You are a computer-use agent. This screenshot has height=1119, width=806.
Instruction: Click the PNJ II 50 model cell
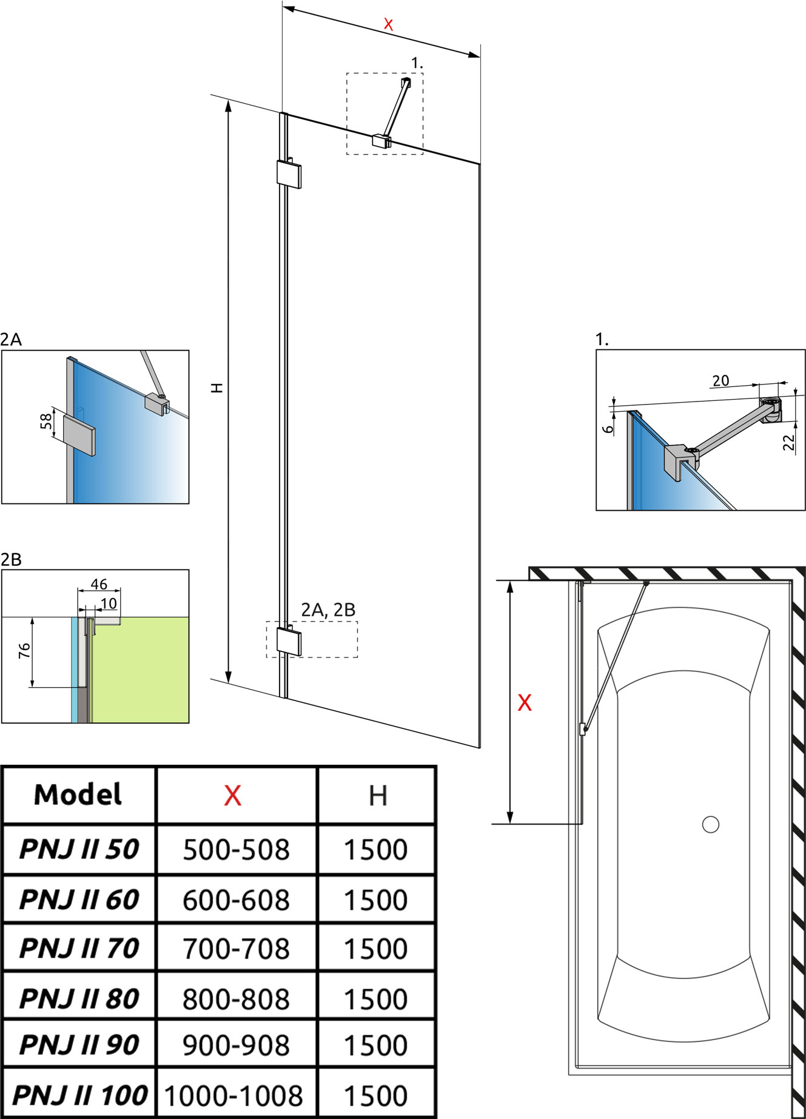(79, 849)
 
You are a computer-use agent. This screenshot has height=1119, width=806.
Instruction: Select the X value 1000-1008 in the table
(233, 1095)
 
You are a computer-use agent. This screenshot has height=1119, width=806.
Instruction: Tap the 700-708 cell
(236, 949)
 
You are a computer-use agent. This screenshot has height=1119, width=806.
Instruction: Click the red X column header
(233, 795)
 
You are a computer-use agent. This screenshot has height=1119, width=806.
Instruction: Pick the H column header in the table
(377, 795)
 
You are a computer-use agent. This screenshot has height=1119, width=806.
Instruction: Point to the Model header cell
(78, 795)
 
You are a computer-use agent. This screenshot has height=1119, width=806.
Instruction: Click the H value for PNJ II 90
(375, 1045)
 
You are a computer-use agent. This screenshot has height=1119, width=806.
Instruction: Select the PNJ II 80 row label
(79, 998)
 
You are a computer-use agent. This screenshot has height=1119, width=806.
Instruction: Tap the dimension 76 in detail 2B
(24, 651)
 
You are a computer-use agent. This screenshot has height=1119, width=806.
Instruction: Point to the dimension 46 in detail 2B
(99, 584)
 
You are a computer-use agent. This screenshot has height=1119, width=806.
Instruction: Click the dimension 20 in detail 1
(720, 381)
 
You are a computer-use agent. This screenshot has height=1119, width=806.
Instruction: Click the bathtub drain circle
(710, 824)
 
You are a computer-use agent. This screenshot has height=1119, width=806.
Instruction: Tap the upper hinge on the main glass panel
(289, 173)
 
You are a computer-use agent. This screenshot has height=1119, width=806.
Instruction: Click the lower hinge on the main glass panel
(289, 640)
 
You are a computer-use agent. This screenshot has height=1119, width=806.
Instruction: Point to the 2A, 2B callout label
(328, 610)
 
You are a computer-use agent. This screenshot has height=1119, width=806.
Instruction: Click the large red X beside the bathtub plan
(525, 702)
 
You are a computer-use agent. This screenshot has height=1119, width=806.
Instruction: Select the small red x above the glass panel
(388, 25)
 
